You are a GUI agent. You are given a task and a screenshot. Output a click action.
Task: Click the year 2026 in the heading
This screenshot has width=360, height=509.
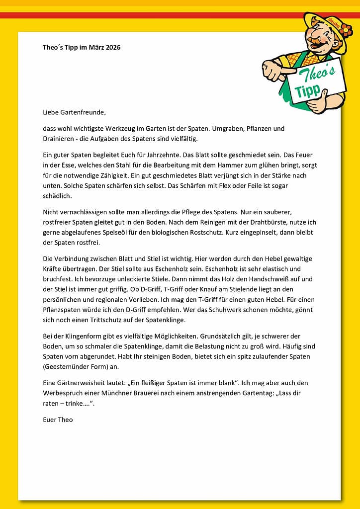[112, 47]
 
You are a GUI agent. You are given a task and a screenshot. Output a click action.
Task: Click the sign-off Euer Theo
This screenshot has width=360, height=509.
[58, 420]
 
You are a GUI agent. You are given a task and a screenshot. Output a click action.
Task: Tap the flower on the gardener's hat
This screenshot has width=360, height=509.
[345, 30]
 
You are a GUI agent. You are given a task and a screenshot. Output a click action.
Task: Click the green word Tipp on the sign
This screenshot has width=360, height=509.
[307, 90]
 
